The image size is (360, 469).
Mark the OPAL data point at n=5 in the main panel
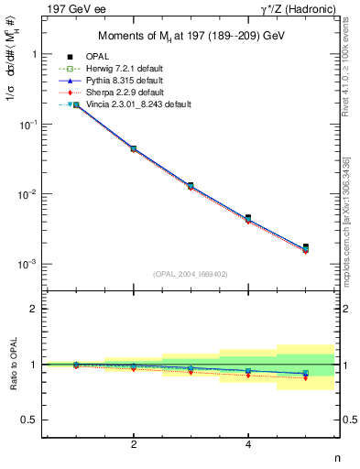point(305,246)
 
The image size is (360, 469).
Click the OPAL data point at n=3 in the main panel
point(191,185)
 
